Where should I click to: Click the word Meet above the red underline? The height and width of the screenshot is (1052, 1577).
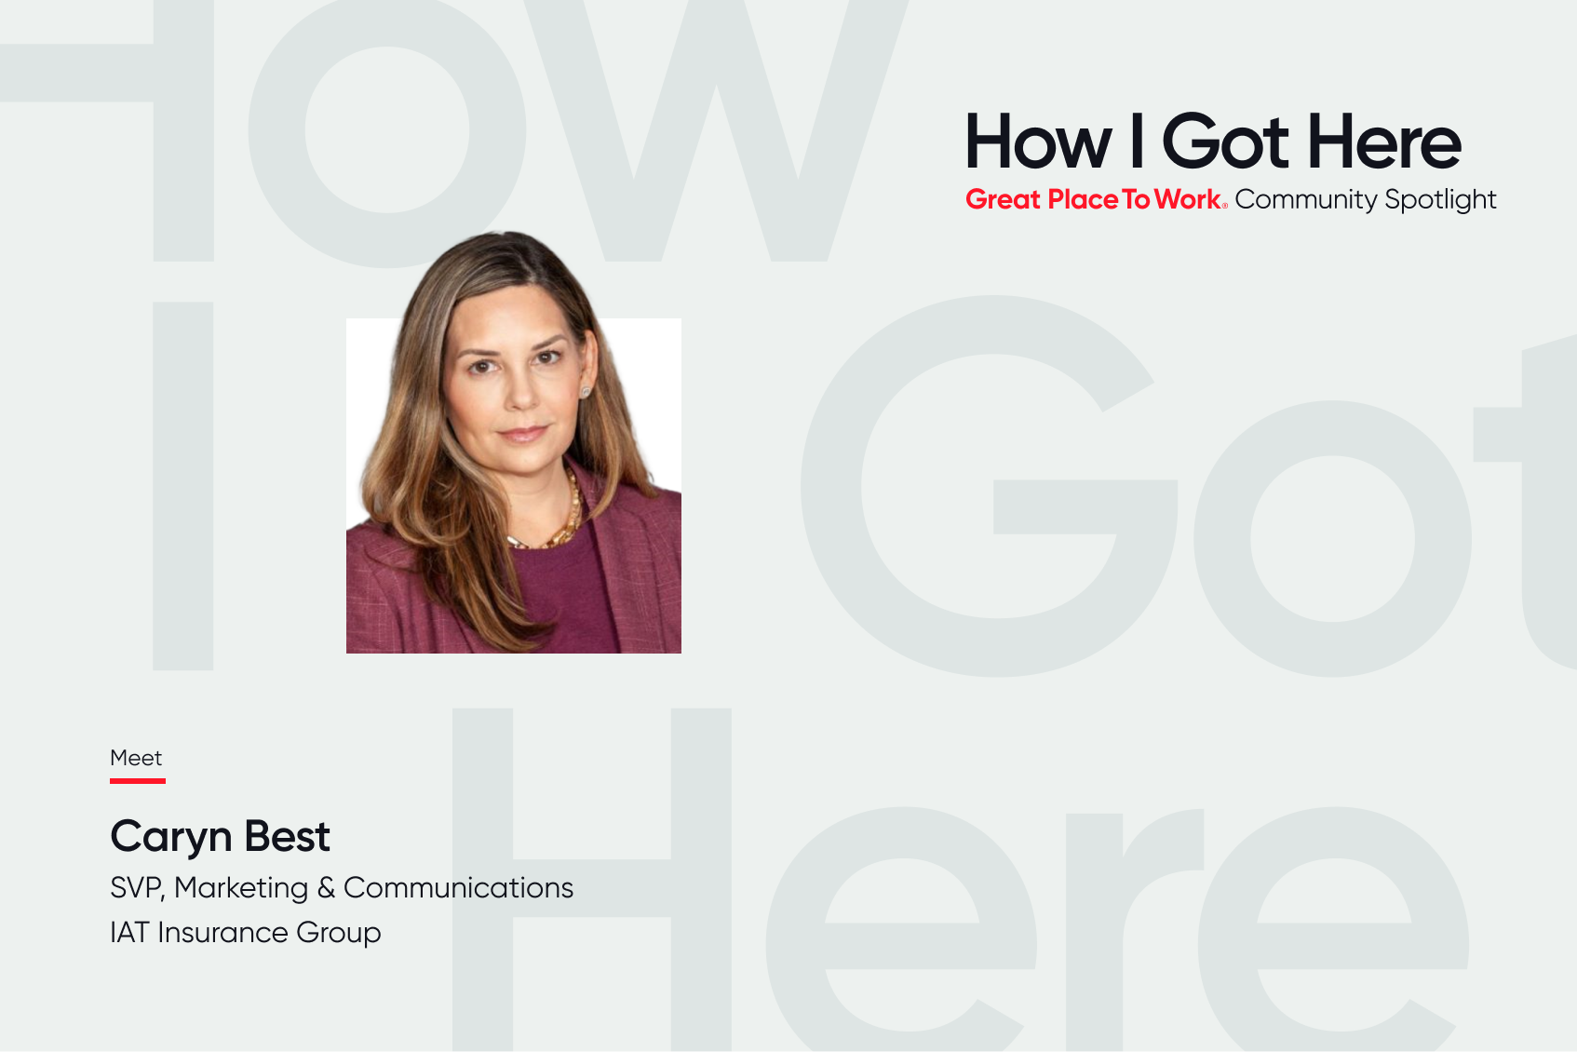pos(136,758)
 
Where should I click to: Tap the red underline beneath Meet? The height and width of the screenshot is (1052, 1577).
pos(137,781)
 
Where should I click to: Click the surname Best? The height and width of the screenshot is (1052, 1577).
pos(288,836)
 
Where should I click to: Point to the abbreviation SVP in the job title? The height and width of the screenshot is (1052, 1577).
pos(137,888)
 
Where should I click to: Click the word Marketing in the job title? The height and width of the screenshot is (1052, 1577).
pos(241,889)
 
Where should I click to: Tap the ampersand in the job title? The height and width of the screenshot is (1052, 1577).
pos(326,888)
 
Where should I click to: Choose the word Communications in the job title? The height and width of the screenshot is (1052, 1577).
pos(458,888)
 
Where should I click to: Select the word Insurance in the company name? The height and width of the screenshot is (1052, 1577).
pos(222,932)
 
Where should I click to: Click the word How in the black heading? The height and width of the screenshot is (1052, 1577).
pos(1038,141)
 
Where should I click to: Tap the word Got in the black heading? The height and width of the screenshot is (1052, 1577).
pos(1225,141)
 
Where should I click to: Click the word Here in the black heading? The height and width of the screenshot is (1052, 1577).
pos(1385,141)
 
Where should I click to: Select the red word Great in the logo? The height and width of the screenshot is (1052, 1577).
pos(1003,199)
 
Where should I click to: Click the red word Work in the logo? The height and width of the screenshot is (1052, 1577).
pos(1187,199)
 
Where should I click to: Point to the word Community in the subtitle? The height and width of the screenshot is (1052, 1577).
pos(1306,200)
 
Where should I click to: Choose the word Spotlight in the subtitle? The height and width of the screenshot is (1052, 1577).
pos(1440,200)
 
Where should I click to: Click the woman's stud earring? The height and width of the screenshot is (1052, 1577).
pos(586,392)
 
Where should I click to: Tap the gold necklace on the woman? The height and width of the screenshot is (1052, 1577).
pos(559,518)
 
